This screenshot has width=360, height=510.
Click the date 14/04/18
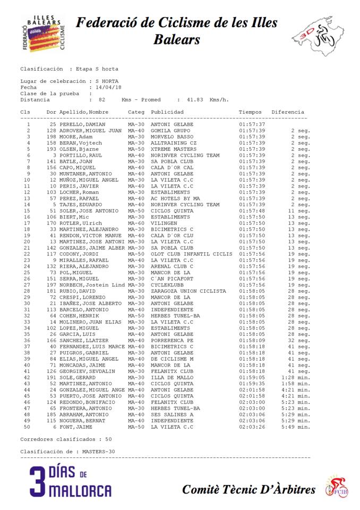click(x=108, y=87)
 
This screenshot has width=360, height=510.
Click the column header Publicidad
click(x=167, y=112)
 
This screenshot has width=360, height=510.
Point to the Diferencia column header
click(x=287, y=112)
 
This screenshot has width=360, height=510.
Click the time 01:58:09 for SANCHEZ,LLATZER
click(x=252, y=341)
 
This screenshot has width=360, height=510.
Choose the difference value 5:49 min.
click(x=296, y=427)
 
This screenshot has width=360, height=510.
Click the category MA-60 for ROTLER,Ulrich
click(x=136, y=223)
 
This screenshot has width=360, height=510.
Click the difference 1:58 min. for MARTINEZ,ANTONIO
click(x=296, y=384)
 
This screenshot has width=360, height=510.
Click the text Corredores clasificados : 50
click(x=66, y=439)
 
